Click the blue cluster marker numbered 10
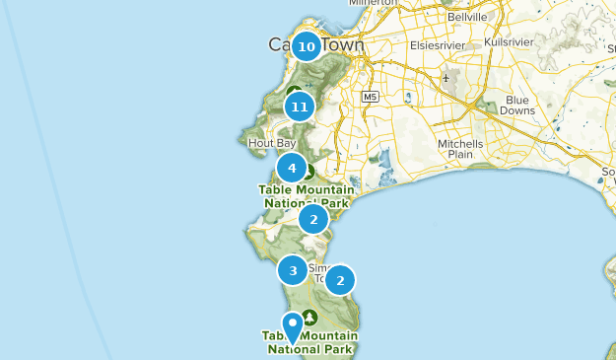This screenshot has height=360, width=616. (306, 45)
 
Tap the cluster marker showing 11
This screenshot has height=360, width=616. (300, 106)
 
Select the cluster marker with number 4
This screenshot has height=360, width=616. (291, 168)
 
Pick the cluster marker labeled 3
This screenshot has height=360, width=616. (293, 269)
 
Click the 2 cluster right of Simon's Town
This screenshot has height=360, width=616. (340, 280)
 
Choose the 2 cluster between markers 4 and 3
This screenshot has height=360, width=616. (313, 219)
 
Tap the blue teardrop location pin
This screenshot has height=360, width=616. (293, 326)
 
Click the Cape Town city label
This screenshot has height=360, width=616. (316, 45)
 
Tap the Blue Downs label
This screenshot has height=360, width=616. (517, 106)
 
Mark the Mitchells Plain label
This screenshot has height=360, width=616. (460, 149)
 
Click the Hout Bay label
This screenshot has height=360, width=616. (272, 142)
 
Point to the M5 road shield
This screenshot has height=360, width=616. (370, 97)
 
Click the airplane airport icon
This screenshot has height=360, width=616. (445, 77)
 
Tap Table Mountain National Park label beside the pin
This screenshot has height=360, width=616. (309, 341)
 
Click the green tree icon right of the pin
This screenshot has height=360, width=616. (310, 318)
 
